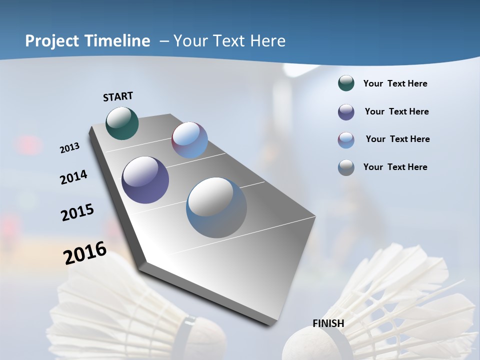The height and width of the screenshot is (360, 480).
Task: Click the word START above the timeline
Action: point(118,96)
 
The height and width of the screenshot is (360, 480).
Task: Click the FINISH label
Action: point(328,323)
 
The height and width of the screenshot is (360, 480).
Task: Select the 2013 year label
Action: point(70,147)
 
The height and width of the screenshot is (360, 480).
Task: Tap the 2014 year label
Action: point(74,177)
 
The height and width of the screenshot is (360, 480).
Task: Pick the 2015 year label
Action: point(77,212)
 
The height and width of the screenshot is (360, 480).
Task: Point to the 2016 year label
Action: point(85,253)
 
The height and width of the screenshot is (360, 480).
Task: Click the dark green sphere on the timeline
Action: point(122,123)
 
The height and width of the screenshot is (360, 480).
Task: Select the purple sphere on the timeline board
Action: point(145,180)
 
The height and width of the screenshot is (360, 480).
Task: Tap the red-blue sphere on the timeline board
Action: point(189,140)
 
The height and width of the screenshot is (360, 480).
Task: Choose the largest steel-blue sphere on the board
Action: point(216,207)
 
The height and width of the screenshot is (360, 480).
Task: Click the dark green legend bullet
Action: point(346,83)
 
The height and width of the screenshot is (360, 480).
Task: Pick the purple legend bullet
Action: point(346,112)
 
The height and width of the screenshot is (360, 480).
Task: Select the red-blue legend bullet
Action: point(346,140)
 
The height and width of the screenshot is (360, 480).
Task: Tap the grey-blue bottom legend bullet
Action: point(346,167)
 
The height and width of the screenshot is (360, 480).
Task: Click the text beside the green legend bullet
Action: point(395,84)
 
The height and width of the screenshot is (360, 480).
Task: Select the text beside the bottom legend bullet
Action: point(395,167)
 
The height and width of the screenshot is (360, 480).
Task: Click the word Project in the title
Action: point(52,41)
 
